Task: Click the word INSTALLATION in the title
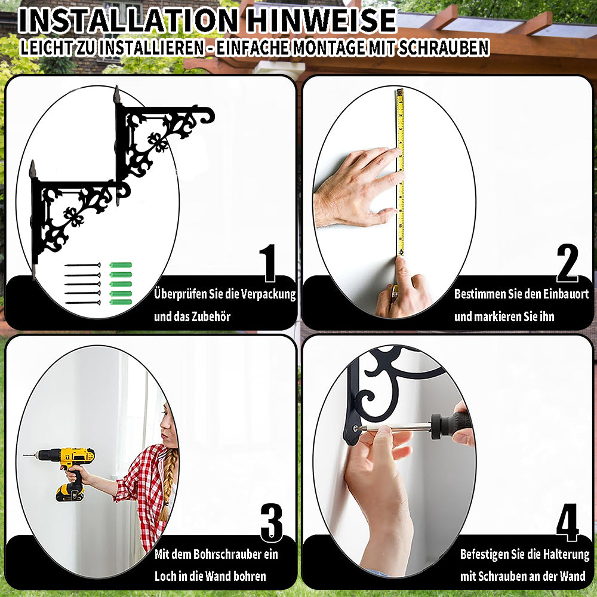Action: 128,20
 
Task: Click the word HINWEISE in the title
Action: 322,20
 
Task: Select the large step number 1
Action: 269,263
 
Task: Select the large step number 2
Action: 567,263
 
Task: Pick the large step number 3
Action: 272,523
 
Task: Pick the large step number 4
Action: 567,523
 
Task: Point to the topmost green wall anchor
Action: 121,265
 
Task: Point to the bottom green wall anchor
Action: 121,302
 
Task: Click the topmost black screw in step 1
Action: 82,265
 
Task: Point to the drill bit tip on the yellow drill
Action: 24,455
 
